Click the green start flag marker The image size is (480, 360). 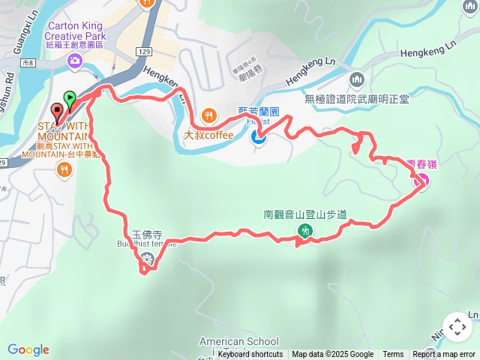coord(70,98)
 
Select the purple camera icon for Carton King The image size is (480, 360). coord(74,64)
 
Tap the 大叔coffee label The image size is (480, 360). coord(208,135)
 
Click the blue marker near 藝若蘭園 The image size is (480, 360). coord(259,136)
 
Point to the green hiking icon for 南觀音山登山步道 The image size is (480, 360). coord(304,231)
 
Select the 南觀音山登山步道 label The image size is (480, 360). coord(304,214)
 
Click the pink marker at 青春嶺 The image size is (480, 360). coord(421,180)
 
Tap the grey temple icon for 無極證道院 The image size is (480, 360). coord(356,79)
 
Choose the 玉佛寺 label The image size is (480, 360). coord(147,234)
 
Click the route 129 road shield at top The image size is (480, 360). coord(145,50)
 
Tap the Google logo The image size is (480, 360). coord(28,349)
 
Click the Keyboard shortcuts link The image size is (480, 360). coord(250,355)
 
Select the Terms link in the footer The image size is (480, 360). coord(393,355)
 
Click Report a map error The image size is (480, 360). coord(445,355)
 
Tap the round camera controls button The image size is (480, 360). coord(457,327)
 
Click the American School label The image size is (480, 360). coord(238,342)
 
